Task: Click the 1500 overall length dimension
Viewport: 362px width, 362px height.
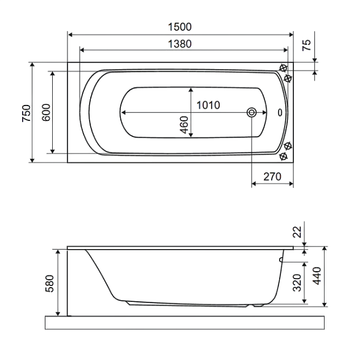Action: point(180,27)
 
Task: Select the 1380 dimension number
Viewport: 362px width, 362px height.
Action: point(180,44)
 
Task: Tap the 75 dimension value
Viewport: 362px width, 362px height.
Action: point(307,45)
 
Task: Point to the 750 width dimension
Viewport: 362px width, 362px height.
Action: point(26,113)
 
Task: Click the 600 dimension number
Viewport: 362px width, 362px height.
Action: point(46,112)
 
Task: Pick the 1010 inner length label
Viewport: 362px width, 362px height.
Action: point(208,106)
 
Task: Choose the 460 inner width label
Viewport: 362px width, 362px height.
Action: point(184,125)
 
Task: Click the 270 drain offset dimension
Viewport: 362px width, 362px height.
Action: point(272,177)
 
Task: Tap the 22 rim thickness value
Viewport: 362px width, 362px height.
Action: point(297,232)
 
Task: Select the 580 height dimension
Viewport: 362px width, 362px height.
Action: point(50,283)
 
